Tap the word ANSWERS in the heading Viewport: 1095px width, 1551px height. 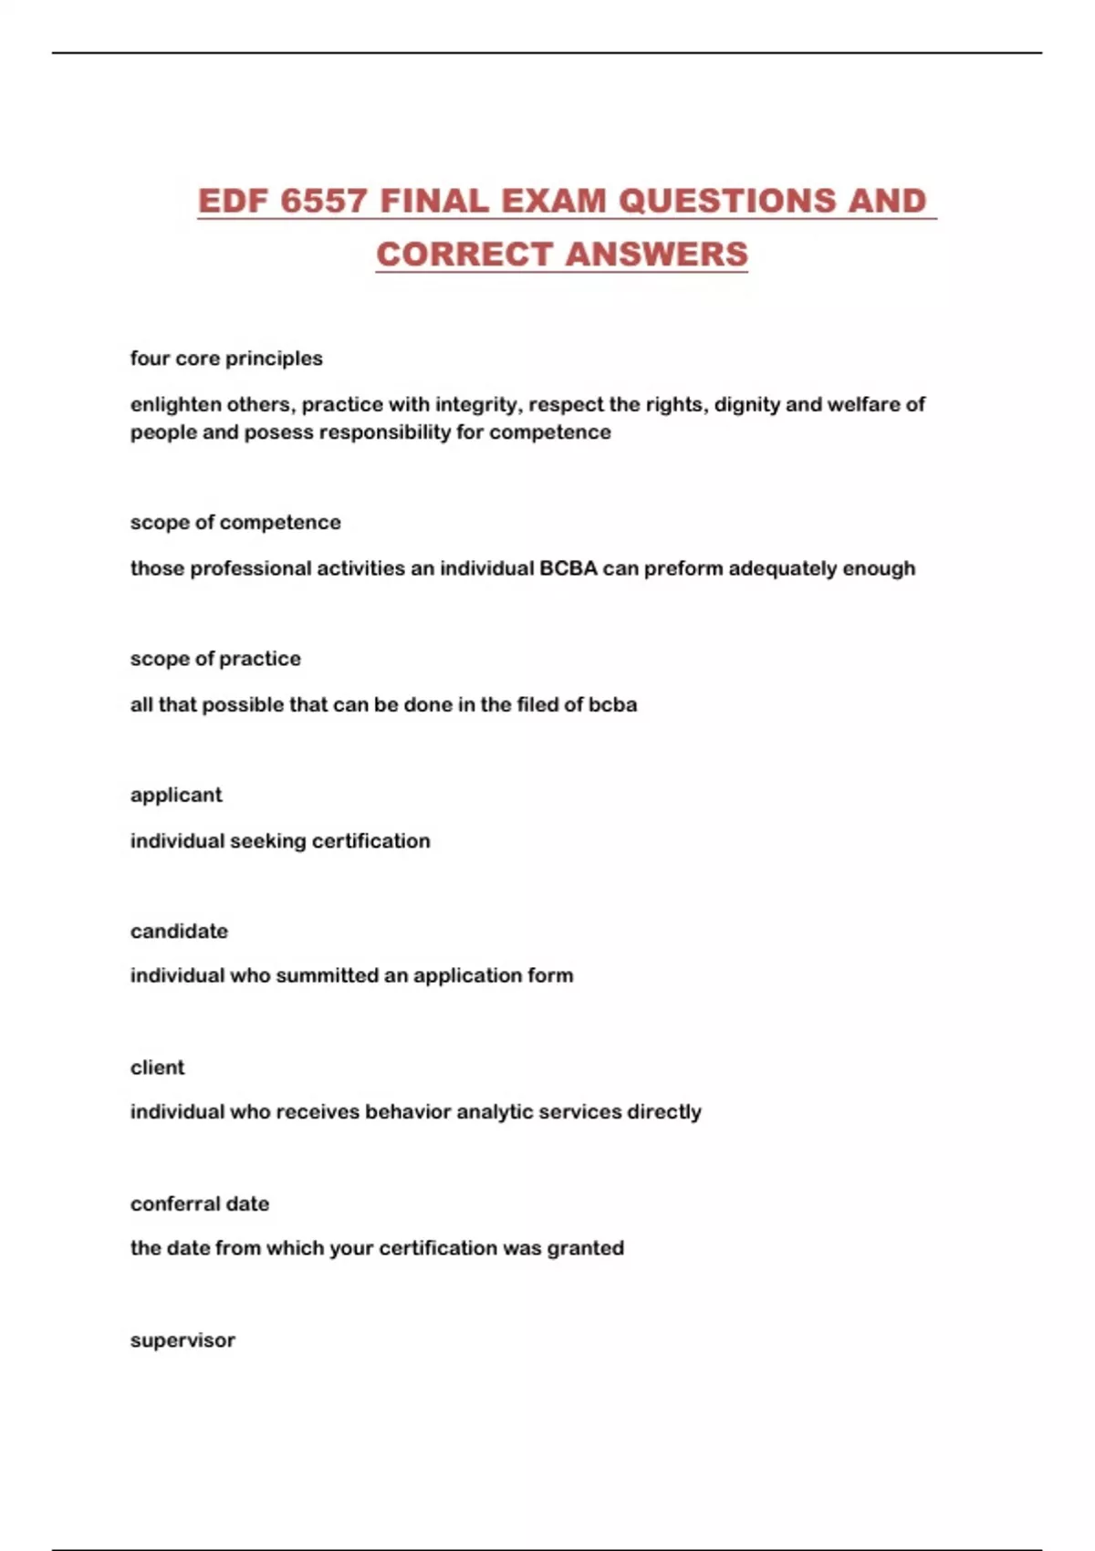tap(657, 254)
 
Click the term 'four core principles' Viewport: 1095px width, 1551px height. tap(226, 359)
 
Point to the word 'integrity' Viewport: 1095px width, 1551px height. tap(476, 404)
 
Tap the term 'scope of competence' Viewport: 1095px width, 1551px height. tap(235, 523)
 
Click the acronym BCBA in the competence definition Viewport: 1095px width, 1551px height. tap(568, 568)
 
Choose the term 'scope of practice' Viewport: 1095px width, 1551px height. tap(215, 659)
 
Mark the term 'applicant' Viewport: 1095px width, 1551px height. tap(176, 795)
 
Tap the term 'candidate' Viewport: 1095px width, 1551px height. tap(179, 932)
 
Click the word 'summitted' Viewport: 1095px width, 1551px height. tap(327, 975)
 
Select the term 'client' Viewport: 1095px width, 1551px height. tap(157, 1067)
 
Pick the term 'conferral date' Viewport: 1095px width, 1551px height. tap(200, 1204)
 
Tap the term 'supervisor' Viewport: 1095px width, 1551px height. tap(182, 1340)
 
